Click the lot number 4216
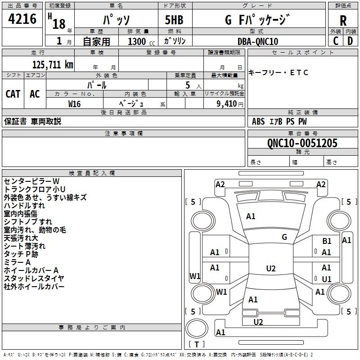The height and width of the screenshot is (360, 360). coord(22,19)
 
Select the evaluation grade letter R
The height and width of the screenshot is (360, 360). coord(343,20)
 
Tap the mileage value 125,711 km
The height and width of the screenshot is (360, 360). coord(53,64)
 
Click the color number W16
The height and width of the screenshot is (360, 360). coord(75,103)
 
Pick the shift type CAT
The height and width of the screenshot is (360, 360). coord(13,94)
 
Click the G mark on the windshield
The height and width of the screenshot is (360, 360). coord(284,237)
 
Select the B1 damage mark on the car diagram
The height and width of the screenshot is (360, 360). coord(327,242)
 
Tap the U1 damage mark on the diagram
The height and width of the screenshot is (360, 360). coord(327,279)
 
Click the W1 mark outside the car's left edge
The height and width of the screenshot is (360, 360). coord(195,276)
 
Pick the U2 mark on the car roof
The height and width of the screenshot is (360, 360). coord(270,269)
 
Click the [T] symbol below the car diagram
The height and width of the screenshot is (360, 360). coord(197,344)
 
